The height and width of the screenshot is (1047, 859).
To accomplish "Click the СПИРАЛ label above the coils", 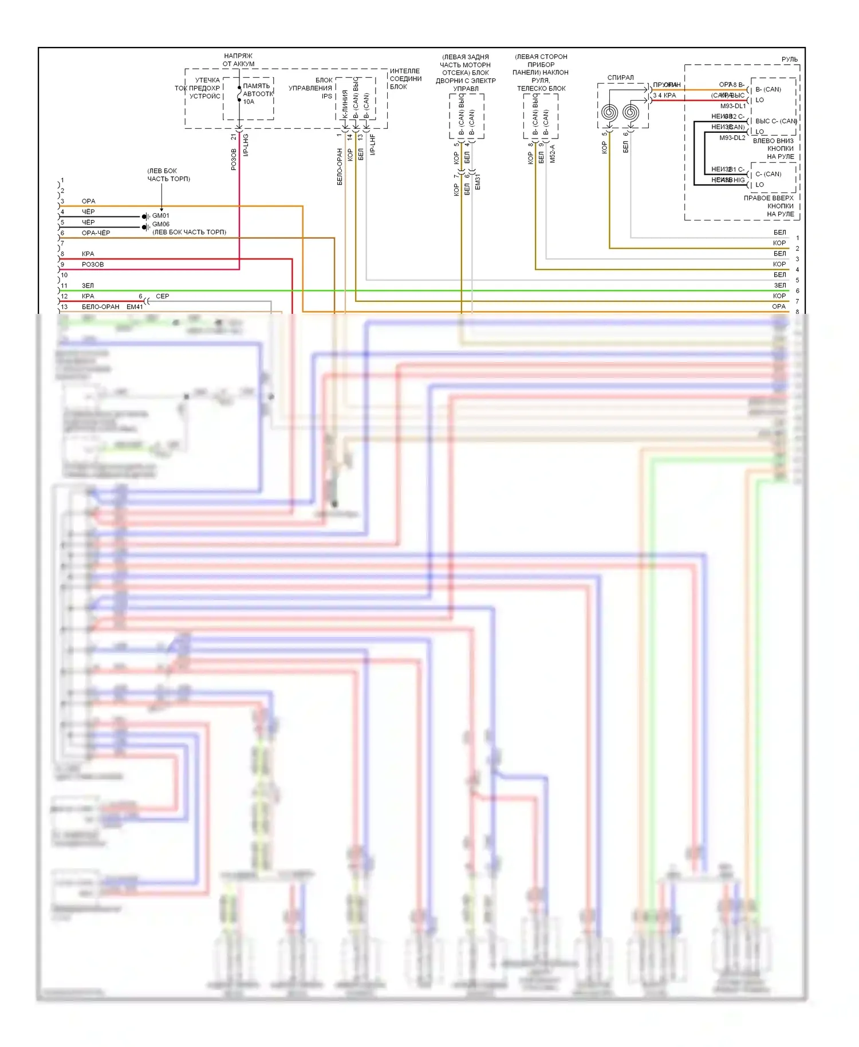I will pyautogui.click(x=620, y=78).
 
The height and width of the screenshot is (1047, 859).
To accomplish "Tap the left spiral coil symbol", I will pyautogui.click(x=608, y=113).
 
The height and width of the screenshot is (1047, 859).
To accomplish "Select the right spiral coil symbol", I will pyautogui.click(x=631, y=113).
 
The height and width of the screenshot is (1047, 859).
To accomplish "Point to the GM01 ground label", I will pyautogui.click(x=160, y=216).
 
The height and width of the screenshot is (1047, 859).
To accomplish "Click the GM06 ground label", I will pyautogui.click(x=160, y=224).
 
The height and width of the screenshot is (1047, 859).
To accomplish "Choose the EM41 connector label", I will pyautogui.click(x=135, y=307).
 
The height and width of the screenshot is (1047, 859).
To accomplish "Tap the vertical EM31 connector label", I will pyautogui.click(x=478, y=182).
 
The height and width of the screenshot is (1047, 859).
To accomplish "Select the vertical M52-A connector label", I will pyautogui.click(x=553, y=153).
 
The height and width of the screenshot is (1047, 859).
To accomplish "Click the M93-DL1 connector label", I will pyautogui.click(x=732, y=106).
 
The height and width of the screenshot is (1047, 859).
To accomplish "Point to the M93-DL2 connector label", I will pyautogui.click(x=732, y=137).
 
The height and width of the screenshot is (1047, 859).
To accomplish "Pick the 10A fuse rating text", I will pyautogui.click(x=249, y=102).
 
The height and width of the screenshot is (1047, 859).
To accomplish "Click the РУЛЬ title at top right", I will pyautogui.click(x=789, y=60).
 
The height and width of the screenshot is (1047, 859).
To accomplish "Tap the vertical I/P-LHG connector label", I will pyautogui.click(x=246, y=145).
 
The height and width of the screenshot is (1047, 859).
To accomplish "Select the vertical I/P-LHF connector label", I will pyautogui.click(x=372, y=145).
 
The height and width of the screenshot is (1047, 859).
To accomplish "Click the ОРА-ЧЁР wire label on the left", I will pyautogui.click(x=96, y=233).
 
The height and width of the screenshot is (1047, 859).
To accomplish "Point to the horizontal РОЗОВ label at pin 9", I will pyautogui.click(x=93, y=265).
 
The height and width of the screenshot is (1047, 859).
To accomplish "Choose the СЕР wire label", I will pyautogui.click(x=163, y=297).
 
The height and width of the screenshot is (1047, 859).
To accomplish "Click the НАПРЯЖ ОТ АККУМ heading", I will pyautogui.click(x=238, y=60).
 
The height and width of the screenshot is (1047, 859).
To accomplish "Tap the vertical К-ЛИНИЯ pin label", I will pyautogui.click(x=345, y=104).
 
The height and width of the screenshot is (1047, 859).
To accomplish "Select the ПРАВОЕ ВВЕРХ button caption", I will pyautogui.click(x=769, y=198).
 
